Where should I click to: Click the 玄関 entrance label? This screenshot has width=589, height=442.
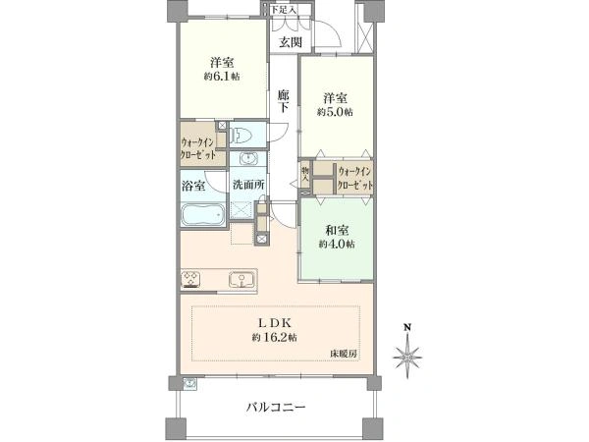point(291,42)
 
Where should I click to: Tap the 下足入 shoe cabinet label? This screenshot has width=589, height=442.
point(284,10)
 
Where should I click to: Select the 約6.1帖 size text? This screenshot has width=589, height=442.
point(222,77)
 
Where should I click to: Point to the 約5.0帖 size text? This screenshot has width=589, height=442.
point(335,112)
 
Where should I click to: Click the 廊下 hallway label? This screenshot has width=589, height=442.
point(284,101)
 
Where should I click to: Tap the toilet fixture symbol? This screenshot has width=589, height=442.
point(241,135)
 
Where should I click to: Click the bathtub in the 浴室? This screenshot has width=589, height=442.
point(203,214)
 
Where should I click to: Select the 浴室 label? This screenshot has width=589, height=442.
point(193,186)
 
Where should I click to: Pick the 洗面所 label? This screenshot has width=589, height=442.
point(248,185)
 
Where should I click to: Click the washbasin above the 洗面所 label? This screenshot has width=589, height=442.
point(247,158)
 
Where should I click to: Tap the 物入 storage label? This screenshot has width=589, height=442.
point(305,175)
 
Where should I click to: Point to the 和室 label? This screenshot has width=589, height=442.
point(337,230)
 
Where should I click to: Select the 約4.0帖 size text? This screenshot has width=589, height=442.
point(337,245)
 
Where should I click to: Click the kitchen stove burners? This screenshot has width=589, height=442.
point(190,280)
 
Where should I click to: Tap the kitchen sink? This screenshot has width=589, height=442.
point(241,280)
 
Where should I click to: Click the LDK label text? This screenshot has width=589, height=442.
point(275,323)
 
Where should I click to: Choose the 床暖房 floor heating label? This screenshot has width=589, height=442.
point(344,354)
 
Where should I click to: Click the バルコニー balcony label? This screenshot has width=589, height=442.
point(276,407)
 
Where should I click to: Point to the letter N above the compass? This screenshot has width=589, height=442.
point(406,327)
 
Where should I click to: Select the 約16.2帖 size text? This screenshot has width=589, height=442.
point(275,338)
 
